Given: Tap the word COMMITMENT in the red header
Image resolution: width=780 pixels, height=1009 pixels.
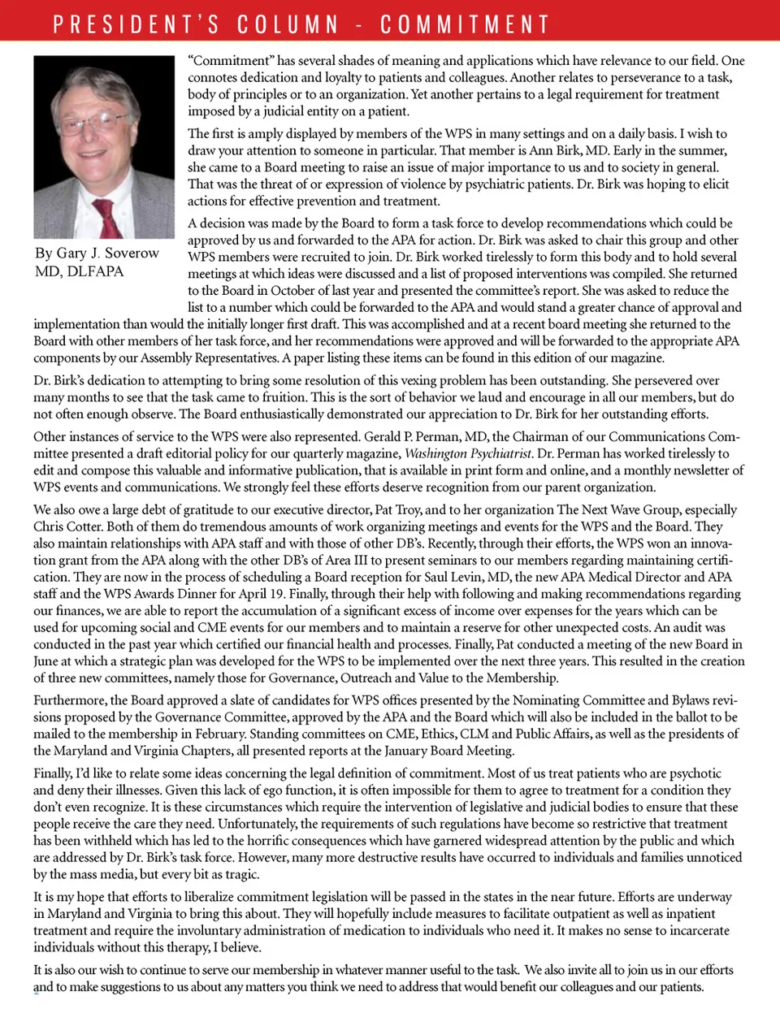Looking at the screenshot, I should click(x=465, y=24).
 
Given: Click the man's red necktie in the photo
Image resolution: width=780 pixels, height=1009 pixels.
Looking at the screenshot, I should click(x=106, y=217).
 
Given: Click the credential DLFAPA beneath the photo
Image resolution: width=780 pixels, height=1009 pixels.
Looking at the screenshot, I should click(x=96, y=271).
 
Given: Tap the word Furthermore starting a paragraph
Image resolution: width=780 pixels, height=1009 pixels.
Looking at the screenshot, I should click(x=70, y=700).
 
